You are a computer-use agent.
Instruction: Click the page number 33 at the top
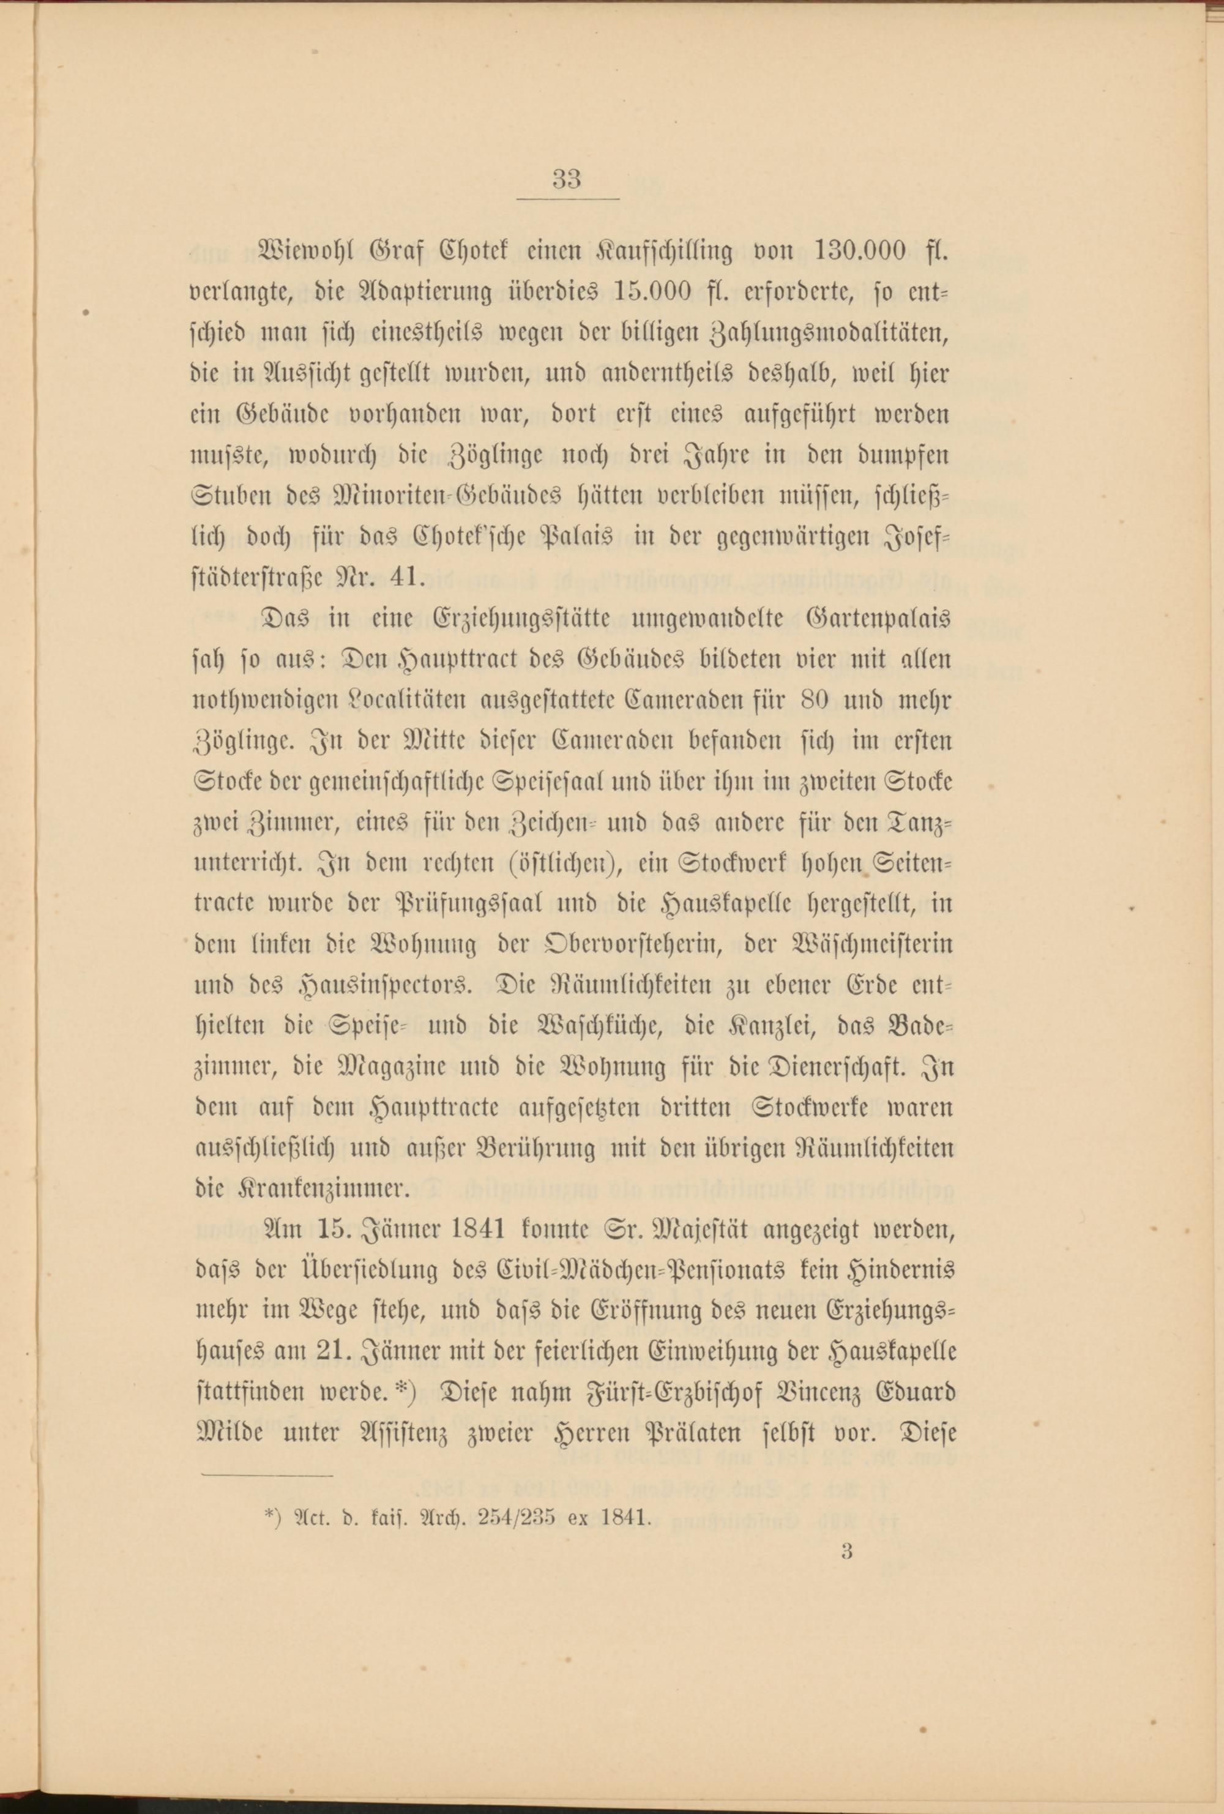coord(567,179)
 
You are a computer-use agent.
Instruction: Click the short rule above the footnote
coord(267,1475)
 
